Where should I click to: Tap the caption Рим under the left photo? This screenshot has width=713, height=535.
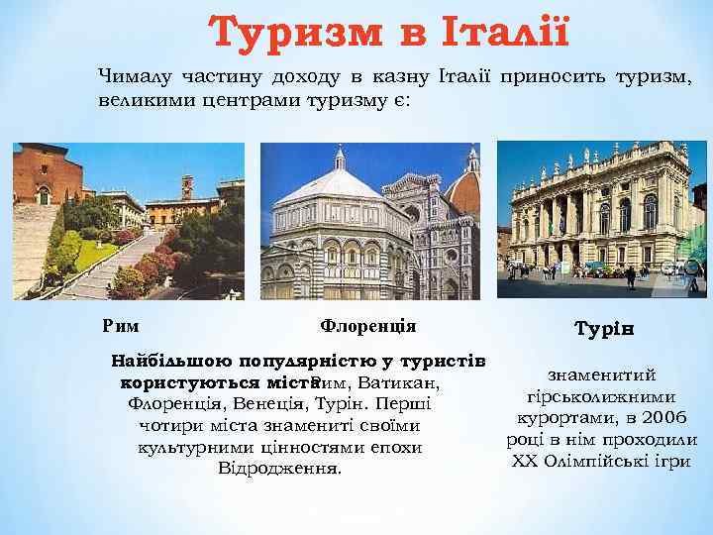121,326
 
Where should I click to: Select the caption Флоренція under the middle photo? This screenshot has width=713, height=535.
367,326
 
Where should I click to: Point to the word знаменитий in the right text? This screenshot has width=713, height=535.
605,374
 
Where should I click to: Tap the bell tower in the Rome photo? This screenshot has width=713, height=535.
186,186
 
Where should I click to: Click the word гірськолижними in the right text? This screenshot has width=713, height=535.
605,395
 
